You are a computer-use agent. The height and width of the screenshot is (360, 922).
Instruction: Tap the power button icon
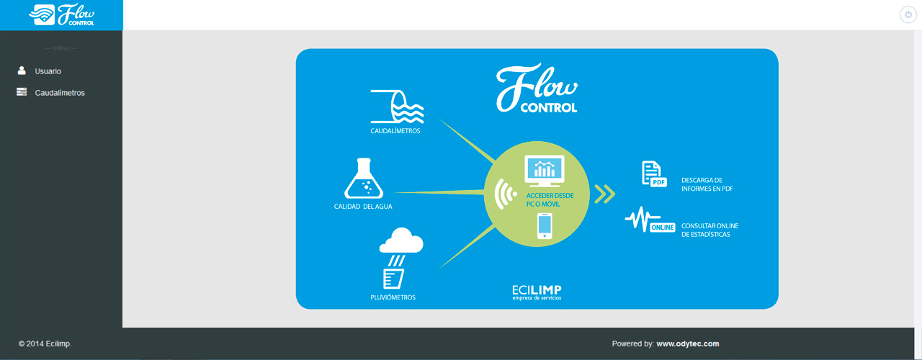tap(908, 15)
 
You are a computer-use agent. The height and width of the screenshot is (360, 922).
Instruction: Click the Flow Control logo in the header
tap(62, 15)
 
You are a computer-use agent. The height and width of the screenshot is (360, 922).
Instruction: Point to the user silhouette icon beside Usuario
tap(22, 71)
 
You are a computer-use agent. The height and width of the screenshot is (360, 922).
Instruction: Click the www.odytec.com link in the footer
tap(688, 343)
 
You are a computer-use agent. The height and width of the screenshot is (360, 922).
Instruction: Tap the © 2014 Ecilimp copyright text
tap(45, 343)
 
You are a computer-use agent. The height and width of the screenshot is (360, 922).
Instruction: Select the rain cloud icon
tap(401, 240)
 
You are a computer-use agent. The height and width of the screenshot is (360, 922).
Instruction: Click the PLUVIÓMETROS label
tap(393, 297)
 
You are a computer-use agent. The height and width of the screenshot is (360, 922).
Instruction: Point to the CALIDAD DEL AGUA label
tap(363, 207)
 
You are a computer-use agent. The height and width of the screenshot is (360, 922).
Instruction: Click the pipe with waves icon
tap(397, 107)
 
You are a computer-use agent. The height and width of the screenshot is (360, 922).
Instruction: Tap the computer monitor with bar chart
tap(544, 171)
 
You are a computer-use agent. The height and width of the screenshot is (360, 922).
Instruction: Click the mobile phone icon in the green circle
tap(545, 226)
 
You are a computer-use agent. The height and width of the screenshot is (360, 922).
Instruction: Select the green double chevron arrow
tap(604, 194)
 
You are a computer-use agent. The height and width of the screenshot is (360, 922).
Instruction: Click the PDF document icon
tap(654, 174)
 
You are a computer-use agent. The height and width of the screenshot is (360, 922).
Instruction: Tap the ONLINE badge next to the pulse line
tap(662, 228)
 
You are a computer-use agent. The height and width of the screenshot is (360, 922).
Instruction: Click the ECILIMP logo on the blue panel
tap(537, 292)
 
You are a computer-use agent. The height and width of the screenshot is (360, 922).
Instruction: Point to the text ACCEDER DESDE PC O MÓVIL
tap(550, 199)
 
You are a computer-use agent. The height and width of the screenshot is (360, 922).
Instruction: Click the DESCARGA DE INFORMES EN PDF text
tap(707, 184)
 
